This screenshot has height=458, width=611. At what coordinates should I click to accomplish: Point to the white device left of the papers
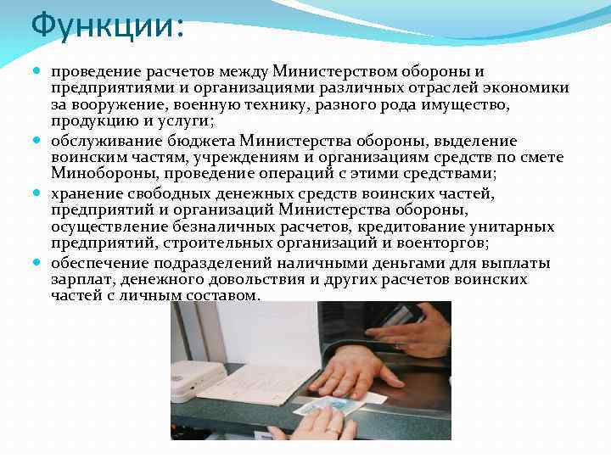coord(197,381)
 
